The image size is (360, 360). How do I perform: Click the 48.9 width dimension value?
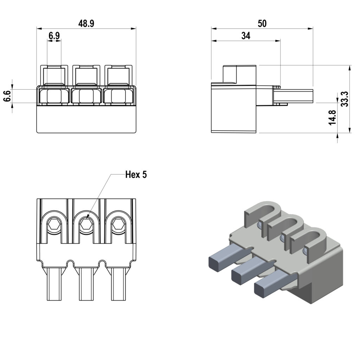coord(86,24)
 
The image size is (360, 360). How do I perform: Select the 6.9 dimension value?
coord(54,36)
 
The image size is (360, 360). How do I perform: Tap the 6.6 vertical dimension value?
coord(7,96)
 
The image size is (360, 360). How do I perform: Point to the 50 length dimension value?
coord(262,24)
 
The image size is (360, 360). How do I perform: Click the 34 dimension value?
coord(246,36)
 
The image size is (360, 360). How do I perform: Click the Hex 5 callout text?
coord(136,175)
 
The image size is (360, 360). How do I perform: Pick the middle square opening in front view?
coord(86,96)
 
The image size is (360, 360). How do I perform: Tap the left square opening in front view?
coord(54,96)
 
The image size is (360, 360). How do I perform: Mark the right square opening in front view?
coord(118,96)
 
